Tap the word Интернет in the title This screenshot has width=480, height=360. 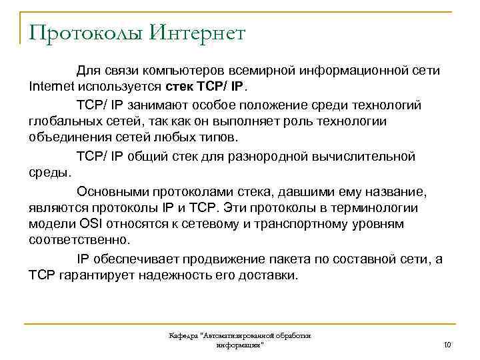click(x=197, y=32)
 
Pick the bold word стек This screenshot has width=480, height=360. click(x=177, y=87)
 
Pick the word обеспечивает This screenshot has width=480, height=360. click(x=147, y=259)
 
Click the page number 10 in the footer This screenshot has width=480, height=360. click(x=447, y=345)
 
